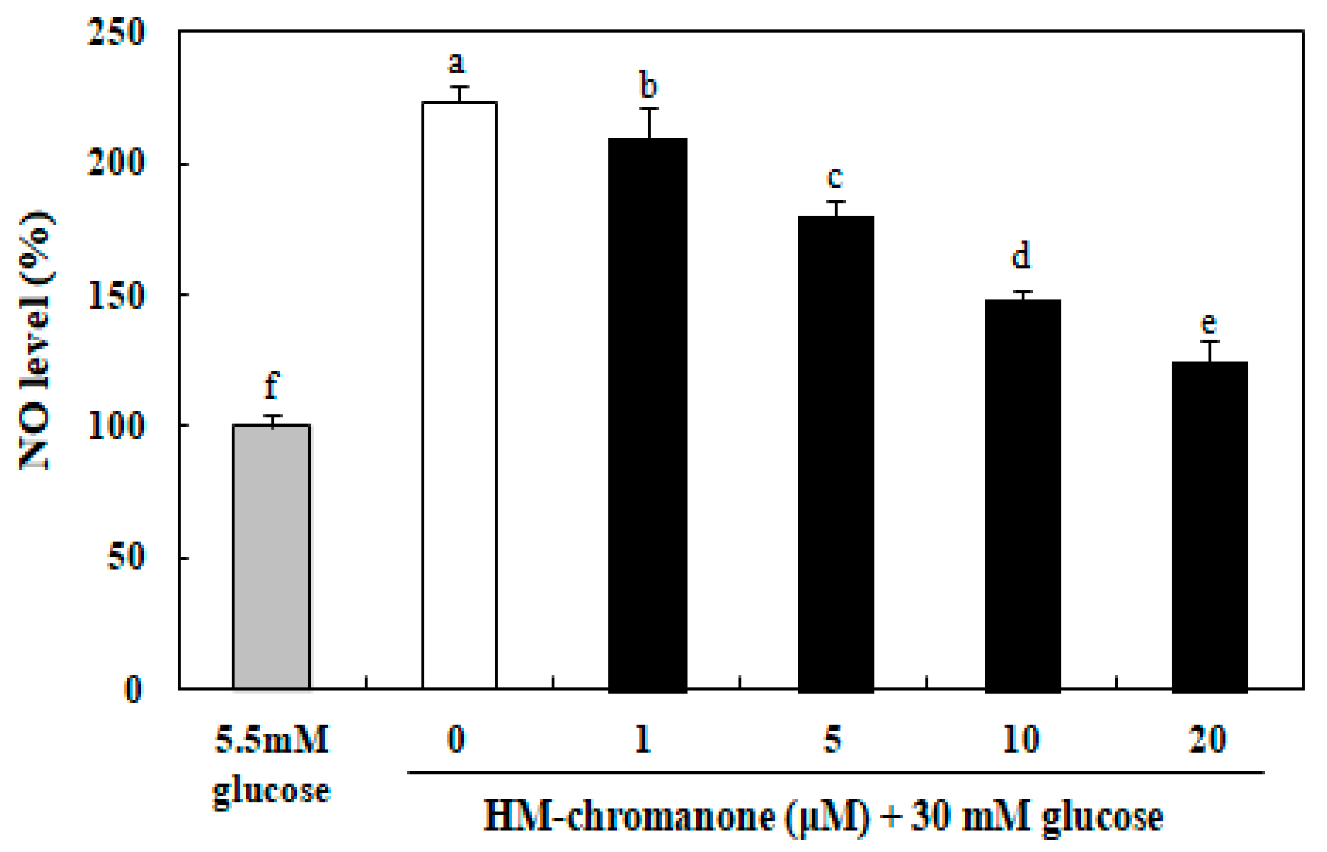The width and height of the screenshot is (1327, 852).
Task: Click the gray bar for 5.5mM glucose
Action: point(271,556)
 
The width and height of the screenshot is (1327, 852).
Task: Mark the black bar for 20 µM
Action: point(1209,525)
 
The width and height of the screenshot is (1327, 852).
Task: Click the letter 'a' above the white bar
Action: point(456,62)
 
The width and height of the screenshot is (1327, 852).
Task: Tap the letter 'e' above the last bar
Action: point(1209,323)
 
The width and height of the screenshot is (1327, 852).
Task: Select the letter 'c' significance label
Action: point(834,177)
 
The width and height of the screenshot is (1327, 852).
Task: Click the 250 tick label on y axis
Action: point(116,32)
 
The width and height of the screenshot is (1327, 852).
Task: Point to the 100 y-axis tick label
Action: point(116,426)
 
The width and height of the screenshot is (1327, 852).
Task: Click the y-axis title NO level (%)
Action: point(36,340)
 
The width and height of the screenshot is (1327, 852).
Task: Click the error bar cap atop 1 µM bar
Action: point(649,109)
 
